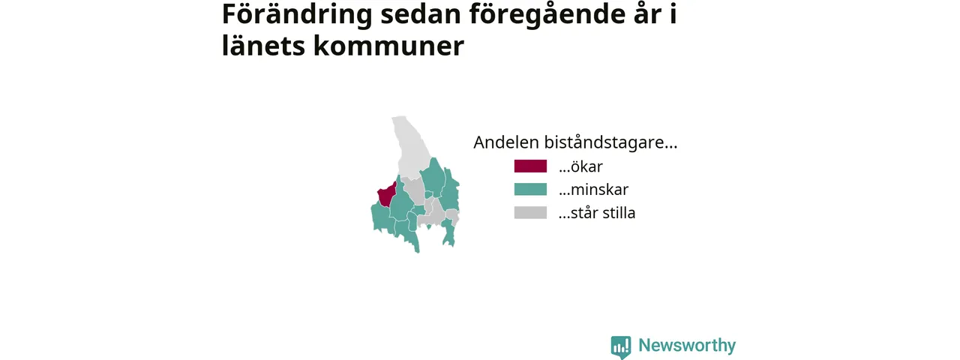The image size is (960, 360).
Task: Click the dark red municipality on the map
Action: [386, 195]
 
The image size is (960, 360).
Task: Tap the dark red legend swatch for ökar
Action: [530, 166]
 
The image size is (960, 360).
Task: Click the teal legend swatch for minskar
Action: [530, 190]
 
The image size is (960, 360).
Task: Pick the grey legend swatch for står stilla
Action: [530, 212]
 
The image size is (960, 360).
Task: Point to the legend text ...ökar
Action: [580, 166]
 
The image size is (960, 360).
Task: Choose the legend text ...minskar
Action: [593, 190]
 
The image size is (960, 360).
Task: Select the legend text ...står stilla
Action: [597, 212]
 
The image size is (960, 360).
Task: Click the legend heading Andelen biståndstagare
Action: [575, 142]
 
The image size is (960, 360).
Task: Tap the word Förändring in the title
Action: [297, 15]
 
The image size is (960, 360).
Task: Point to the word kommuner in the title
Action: [388, 46]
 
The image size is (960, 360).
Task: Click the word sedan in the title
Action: [421, 15]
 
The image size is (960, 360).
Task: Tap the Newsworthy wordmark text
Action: [687, 345]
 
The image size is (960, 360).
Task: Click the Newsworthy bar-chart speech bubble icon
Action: [621, 347]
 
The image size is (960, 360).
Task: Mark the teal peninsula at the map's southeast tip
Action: [448, 232]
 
